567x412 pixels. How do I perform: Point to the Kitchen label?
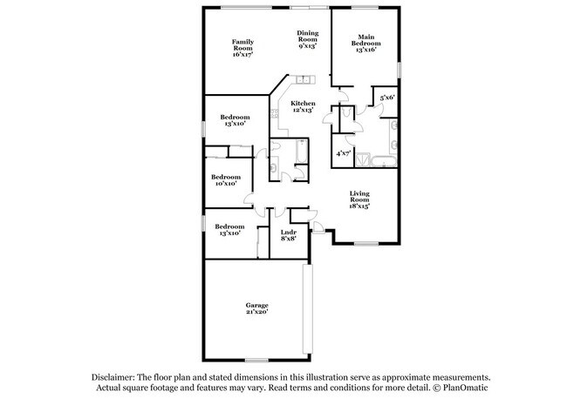click(303, 104)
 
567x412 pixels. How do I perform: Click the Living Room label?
click(360, 197)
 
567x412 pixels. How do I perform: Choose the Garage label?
click(256, 305)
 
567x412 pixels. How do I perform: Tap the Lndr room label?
click(288, 232)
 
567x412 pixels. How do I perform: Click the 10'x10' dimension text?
click(226, 184)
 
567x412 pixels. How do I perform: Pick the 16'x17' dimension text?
click(243, 55)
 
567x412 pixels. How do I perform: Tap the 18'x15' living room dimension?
click(360, 206)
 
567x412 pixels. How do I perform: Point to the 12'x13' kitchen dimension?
click(303, 111)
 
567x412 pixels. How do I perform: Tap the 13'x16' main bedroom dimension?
click(367, 50)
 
